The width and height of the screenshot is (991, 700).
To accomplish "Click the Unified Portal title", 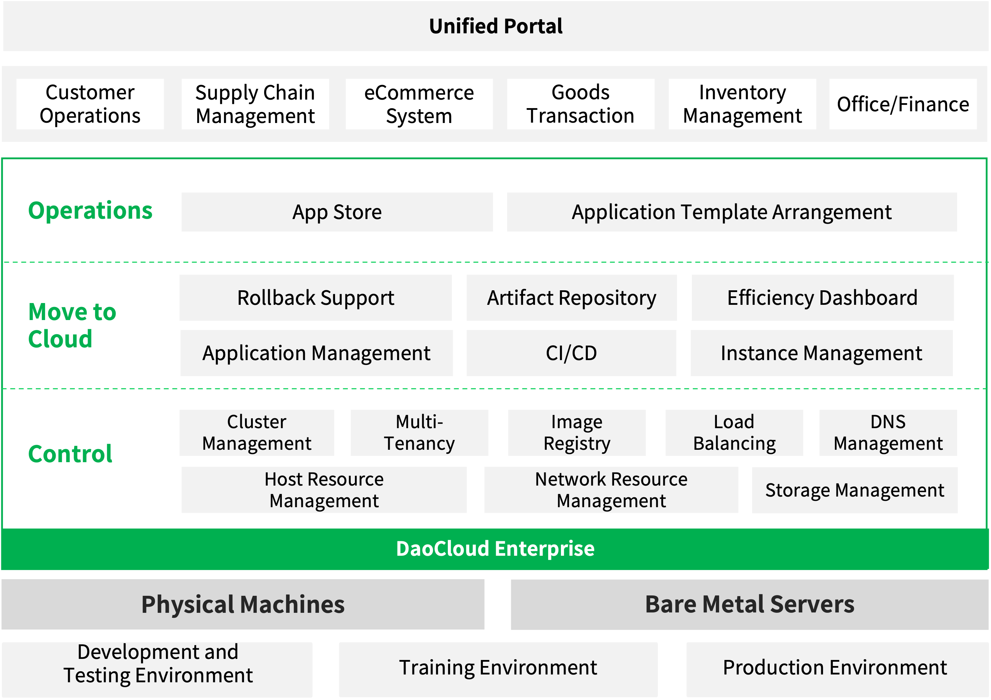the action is pyautogui.click(x=496, y=26).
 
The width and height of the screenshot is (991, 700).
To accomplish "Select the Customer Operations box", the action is pyautogui.click(x=90, y=104).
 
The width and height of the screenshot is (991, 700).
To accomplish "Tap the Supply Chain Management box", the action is pyautogui.click(x=255, y=104).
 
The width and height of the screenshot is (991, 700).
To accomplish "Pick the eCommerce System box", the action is pyautogui.click(x=419, y=104).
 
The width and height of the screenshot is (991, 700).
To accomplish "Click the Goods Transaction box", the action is pyautogui.click(x=580, y=104).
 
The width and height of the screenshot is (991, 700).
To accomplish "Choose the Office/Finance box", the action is pyautogui.click(x=903, y=104).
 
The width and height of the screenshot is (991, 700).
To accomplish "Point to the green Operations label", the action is pyautogui.click(x=90, y=211).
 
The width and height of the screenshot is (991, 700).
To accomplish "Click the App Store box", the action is pyautogui.click(x=337, y=212).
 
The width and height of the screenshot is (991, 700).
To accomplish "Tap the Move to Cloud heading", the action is pyautogui.click(x=72, y=325).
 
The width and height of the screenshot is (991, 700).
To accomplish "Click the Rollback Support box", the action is pyautogui.click(x=316, y=298).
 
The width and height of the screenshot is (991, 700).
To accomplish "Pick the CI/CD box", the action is pyautogui.click(x=572, y=353).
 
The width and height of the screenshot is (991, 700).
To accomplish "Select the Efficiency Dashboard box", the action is pyautogui.click(x=823, y=298).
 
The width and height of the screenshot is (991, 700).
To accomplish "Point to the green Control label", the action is pyautogui.click(x=70, y=454).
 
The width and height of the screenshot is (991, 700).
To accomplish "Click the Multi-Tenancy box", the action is pyautogui.click(x=419, y=433).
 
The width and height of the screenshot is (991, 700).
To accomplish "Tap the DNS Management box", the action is pyautogui.click(x=888, y=433).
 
